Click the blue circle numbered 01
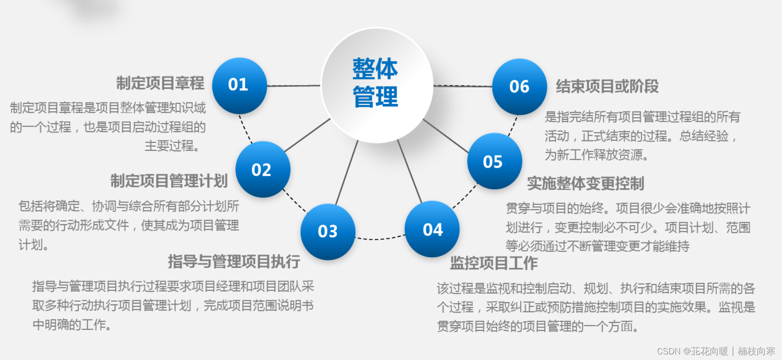239,85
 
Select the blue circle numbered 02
262,169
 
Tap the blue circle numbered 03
328,231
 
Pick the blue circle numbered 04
432,229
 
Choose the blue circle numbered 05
494,161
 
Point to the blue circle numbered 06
519,86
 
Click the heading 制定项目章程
160,83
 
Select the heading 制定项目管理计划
169,181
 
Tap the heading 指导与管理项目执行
234,261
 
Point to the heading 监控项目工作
493,263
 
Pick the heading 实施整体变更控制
585,183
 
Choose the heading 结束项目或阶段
607,86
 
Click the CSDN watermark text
716,351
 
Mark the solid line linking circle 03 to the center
347,172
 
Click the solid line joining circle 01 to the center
294,86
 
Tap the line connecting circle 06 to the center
463,86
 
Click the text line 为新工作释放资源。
596,155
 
